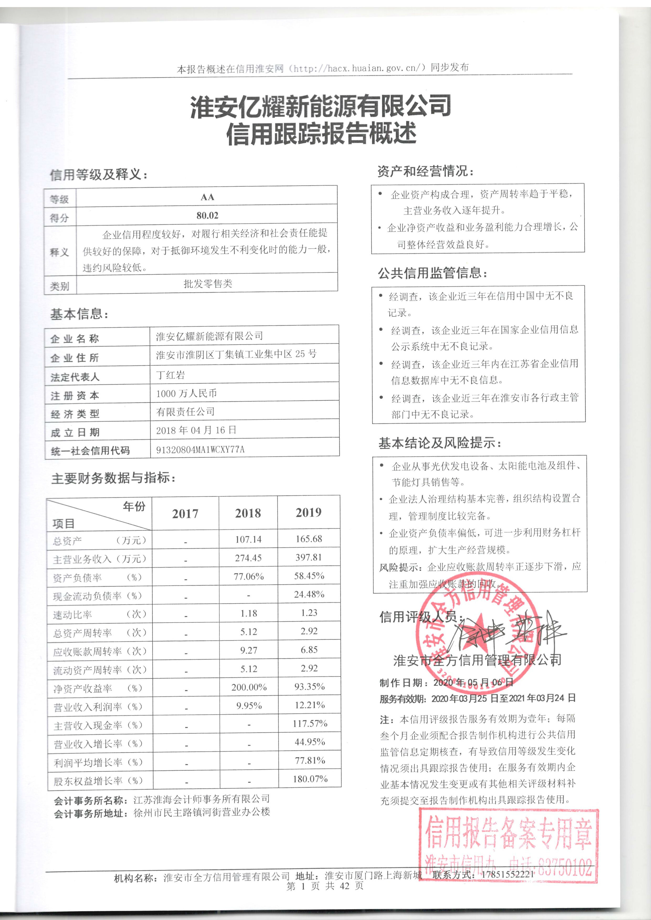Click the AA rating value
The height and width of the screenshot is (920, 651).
(x=207, y=197)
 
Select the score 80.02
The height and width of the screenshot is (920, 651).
(x=207, y=216)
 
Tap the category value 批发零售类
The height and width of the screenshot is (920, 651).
(x=208, y=284)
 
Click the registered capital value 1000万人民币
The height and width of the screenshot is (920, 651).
(x=186, y=393)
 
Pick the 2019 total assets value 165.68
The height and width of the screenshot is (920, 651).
(x=309, y=539)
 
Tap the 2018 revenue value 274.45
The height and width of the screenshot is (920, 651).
(x=248, y=558)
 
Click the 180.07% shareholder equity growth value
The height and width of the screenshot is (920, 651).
(x=310, y=779)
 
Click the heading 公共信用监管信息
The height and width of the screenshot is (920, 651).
(x=432, y=273)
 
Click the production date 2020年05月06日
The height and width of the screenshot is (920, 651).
(x=473, y=682)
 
